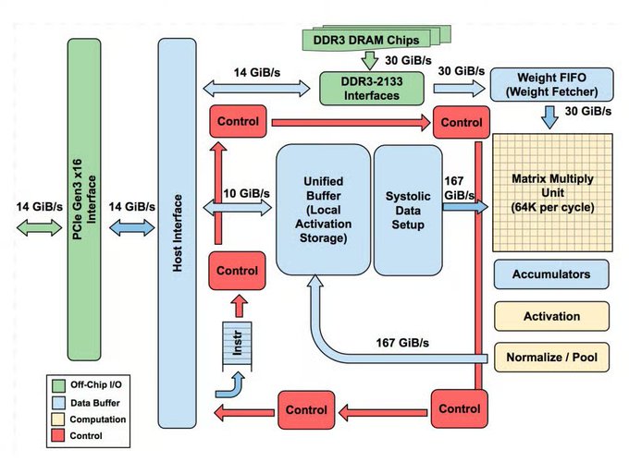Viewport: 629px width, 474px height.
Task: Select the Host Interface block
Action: coord(180,242)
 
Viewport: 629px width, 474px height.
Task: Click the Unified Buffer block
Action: coord(321,212)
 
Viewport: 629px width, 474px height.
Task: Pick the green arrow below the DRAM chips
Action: coord(367,60)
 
